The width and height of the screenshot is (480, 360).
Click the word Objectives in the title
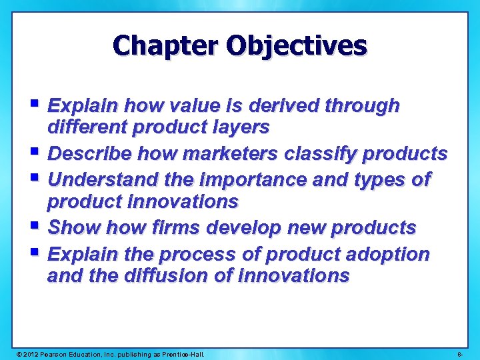[297, 46]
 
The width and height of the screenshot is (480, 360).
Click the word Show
[71, 227]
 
